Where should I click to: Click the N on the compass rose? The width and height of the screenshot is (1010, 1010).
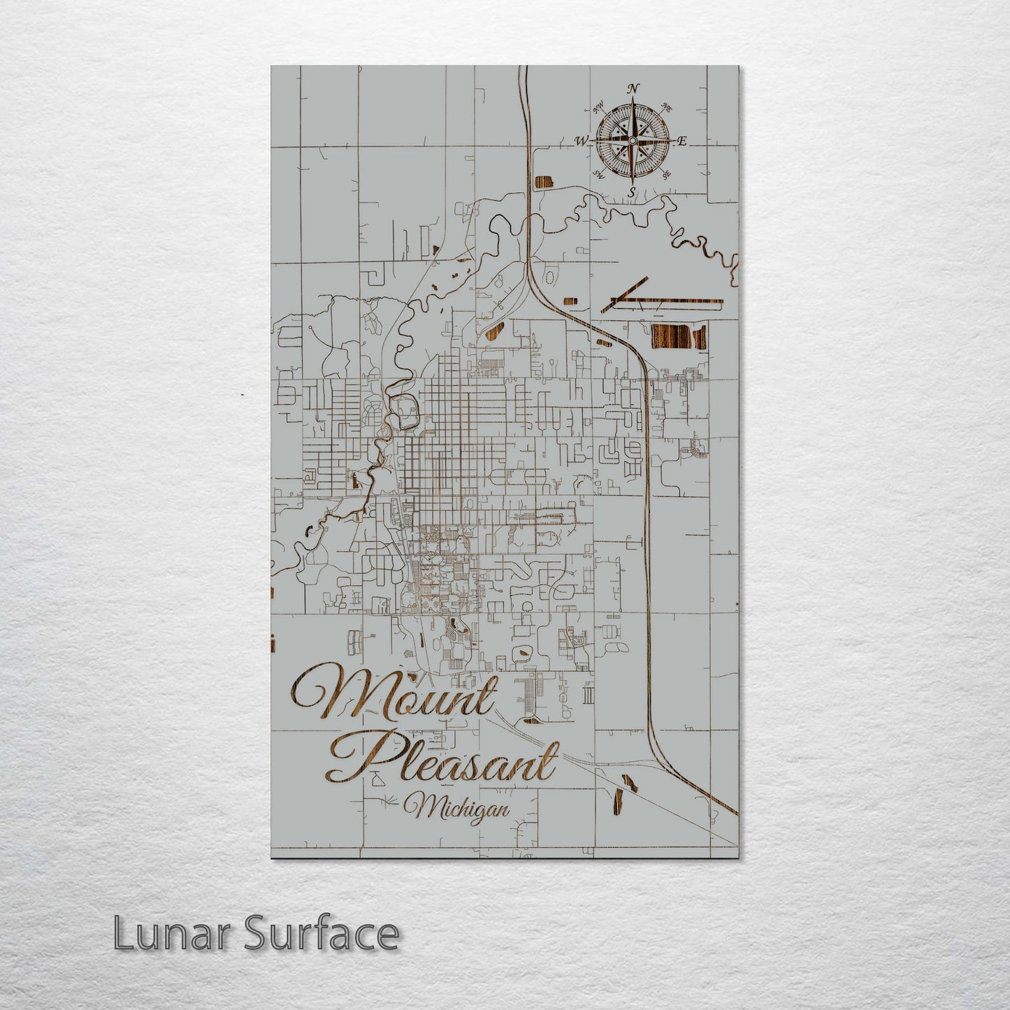633,89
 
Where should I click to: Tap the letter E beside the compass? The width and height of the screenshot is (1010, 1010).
682,141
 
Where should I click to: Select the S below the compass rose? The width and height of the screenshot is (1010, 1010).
633,192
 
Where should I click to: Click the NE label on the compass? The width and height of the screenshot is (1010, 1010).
667,108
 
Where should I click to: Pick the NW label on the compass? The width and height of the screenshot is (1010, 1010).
599,108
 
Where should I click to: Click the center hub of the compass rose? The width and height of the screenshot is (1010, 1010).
633,140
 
